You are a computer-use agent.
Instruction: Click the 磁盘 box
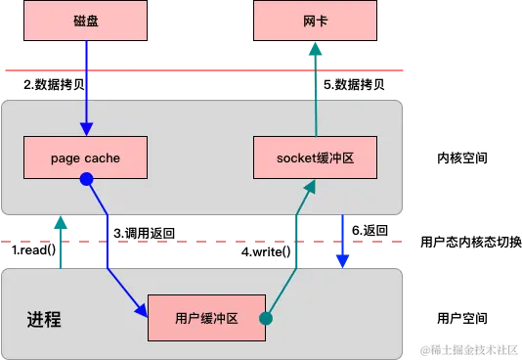pyautogui.click(x=85, y=21)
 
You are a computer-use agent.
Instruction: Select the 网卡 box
pyautogui.click(x=315, y=21)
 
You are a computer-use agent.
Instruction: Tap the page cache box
pyautogui.click(x=85, y=157)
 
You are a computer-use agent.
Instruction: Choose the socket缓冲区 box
pyautogui.click(x=315, y=157)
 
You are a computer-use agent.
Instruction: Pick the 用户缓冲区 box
pyautogui.click(x=206, y=317)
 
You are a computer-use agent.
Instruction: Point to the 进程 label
pyautogui.click(x=44, y=319)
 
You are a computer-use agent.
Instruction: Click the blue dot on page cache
pyautogui.click(x=86, y=179)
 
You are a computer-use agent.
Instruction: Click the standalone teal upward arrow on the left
pyautogui.click(x=61, y=240)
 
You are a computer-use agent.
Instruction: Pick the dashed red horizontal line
pyautogui.click(x=196, y=239)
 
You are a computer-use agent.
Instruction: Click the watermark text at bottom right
pyautogui.click(x=467, y=348)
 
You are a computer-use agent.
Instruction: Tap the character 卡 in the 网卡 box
pyautogui.click(x=322, y=21)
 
